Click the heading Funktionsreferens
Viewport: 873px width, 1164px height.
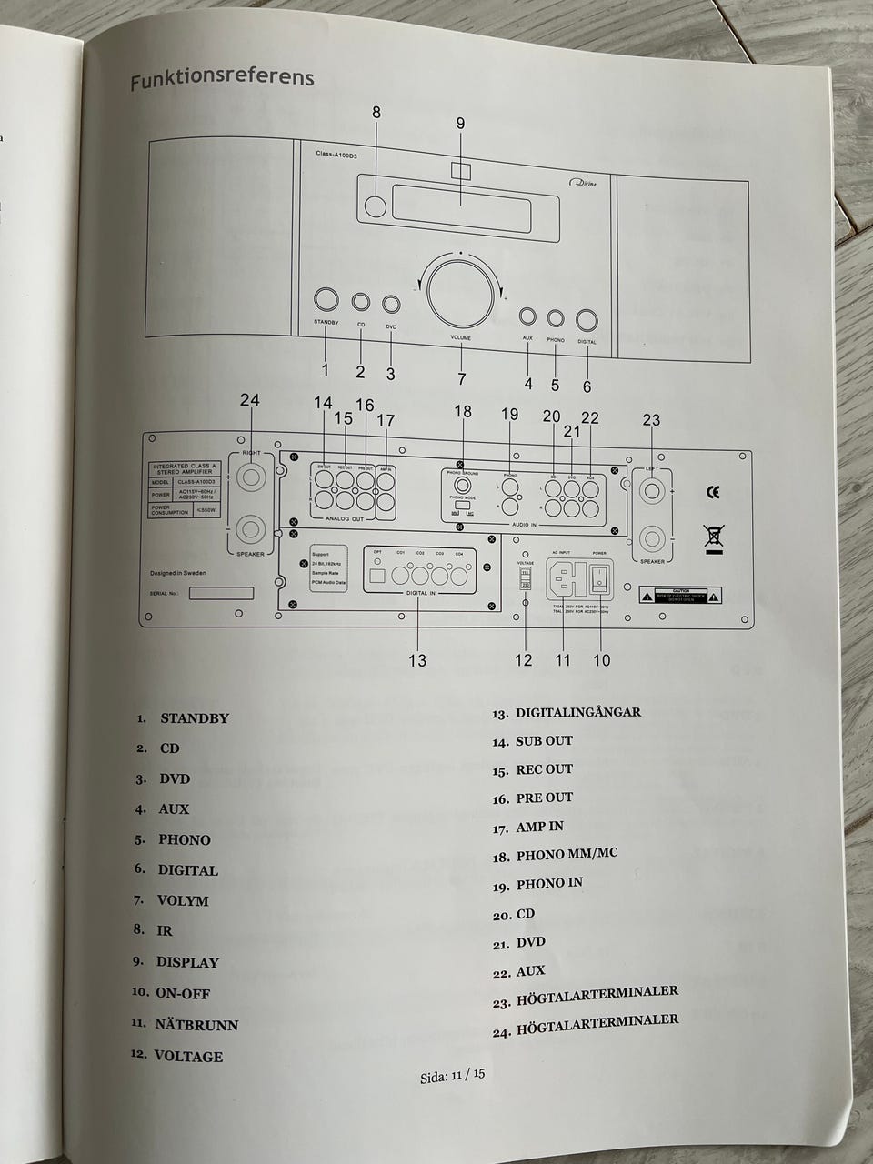pos(222,79)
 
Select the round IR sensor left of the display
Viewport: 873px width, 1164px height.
pos(375,206)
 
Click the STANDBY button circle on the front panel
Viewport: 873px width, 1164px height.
pos(326,299)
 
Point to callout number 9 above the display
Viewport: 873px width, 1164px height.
pos(460,124)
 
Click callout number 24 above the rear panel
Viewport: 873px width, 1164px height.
pos(249,400)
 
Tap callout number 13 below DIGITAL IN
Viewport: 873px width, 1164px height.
pos(416,660)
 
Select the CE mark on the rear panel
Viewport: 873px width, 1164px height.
pos(713,492)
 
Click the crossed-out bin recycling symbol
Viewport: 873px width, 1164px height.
pos(714,538)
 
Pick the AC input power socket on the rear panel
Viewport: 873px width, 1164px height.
pos(564,578)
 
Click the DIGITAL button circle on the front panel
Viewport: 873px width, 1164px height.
pos(587,320)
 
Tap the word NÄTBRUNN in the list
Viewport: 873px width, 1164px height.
pos(196,1025)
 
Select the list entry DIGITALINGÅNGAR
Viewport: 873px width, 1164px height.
pos(578,713)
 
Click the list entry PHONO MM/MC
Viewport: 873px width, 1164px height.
pos(567,854)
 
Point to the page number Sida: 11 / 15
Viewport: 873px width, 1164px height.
pos(452,1076)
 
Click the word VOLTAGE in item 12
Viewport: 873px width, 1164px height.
pos(188,1057)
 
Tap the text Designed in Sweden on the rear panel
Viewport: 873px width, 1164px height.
pos(178,573)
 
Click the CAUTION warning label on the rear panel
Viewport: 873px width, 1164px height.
pos(680,596)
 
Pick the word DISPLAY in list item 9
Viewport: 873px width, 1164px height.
pos(187,962)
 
